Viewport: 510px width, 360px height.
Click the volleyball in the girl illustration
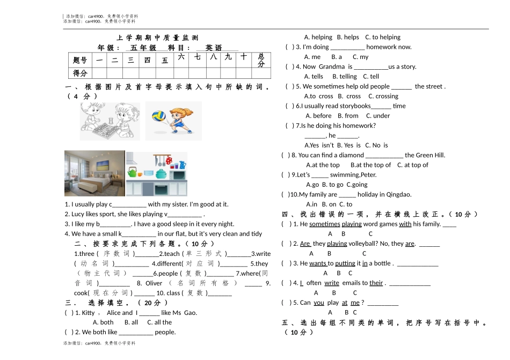click(159, 116)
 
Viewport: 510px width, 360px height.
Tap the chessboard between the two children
click(105, 129)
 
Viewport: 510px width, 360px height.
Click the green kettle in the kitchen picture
click(133, 172)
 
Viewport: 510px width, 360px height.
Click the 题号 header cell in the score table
click(80, 60)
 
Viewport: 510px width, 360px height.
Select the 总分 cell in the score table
click(261, 60)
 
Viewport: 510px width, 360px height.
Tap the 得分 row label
click(80, 73)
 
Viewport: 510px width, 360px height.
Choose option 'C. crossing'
click(383, 96)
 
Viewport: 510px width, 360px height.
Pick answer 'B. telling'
click(345, 77)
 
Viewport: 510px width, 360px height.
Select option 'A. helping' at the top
click(318, 37)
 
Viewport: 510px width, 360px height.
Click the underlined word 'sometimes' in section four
click(325, 224)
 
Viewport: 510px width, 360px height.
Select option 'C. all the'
click(159, 322)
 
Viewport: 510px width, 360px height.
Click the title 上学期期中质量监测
click(157, 38)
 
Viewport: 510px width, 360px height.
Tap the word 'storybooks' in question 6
click(354, 106)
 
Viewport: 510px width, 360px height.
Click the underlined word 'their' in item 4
click(376, 283)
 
